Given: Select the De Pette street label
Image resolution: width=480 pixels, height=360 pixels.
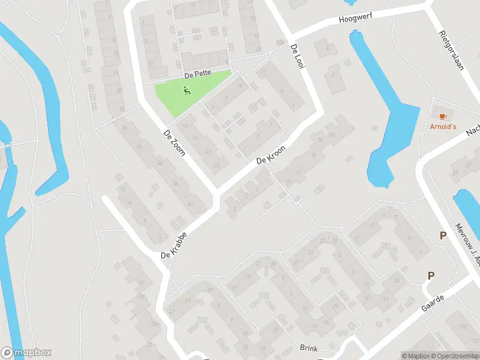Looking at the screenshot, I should coord(196,75).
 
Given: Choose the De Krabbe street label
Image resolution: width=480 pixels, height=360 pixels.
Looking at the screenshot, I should coord(175,246).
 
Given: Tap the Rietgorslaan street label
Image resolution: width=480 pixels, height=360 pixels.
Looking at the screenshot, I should coord(452,50).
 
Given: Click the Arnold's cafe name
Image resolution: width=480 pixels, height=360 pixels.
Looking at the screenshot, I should coord(443,127).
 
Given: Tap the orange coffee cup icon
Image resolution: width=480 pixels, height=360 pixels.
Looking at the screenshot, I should coord(443,115).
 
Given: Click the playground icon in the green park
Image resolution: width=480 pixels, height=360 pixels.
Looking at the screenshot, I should coord(187,92).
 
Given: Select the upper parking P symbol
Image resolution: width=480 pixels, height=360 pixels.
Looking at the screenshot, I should coord(443,236).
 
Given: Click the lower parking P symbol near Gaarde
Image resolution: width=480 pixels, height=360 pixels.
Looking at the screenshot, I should coord(430,275).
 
